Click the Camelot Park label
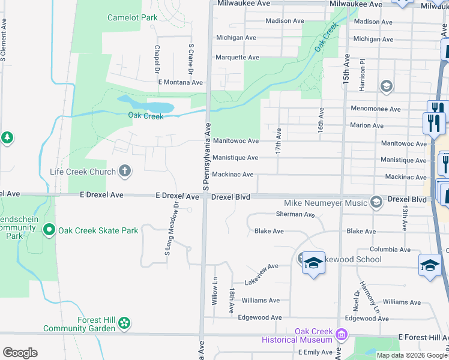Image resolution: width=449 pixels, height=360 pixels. tap(132, 17)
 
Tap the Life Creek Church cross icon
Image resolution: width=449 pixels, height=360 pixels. tap(125, 172)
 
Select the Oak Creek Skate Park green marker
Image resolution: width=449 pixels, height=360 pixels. tap(49, 230)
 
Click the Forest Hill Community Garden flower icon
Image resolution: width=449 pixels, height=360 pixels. tap(124, 324)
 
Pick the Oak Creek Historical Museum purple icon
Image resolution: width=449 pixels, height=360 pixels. tap(342, 334)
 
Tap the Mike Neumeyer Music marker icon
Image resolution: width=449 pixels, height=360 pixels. tap(376, 202)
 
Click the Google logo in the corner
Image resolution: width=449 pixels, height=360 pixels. tap(20, 353)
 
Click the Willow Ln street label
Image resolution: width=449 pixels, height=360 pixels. tap(214, 291)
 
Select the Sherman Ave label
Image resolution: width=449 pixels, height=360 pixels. tap(295, 214)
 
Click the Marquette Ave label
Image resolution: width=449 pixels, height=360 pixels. tap(237, 58)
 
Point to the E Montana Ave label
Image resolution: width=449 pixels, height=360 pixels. tap(181, 82)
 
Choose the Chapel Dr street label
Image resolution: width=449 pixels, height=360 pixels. tap(157, 57)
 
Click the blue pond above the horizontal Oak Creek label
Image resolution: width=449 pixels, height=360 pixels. tap(145, 104)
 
